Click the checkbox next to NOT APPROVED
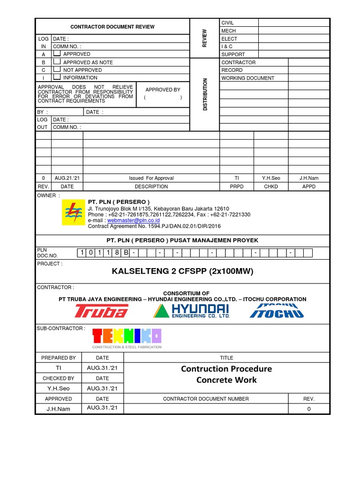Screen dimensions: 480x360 click(56, 69)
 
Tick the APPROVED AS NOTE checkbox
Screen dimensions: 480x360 click(56, 62)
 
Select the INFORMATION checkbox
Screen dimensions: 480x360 click(56, 77)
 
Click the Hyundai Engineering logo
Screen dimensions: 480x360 click(194, 311)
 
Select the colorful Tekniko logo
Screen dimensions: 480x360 click(127, 336)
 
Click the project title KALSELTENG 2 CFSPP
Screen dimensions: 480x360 click(183, 271)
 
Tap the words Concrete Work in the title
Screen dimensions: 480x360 click(226, 380)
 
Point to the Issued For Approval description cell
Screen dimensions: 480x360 click(151, 178)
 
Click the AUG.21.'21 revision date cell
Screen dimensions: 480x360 click(67, 178)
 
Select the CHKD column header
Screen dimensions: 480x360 click(270, 186)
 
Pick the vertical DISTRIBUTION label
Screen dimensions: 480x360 click(205, 94)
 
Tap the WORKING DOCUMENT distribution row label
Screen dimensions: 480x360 click(247, 78)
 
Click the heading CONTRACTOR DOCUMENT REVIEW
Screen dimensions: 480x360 click(112, 27)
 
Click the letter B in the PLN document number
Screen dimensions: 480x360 click(126, 253)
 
